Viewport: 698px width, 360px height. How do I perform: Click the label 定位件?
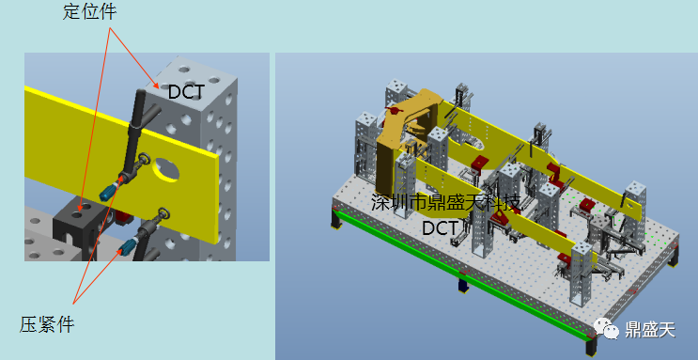(x=90, y=12)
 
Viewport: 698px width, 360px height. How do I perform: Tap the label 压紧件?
(x=47, y=324)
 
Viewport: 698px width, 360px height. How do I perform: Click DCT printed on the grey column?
(x=186, y=92)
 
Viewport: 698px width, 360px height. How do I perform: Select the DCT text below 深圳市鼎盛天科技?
(x=440, y=228)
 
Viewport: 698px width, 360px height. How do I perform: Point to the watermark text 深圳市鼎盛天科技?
(x=445, y=204)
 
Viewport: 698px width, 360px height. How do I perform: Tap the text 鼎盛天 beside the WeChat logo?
(x=650, y=330)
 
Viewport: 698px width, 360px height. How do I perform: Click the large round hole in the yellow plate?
(x=165, y=170)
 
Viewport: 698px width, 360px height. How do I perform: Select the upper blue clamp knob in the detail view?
(x=109, y=191)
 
